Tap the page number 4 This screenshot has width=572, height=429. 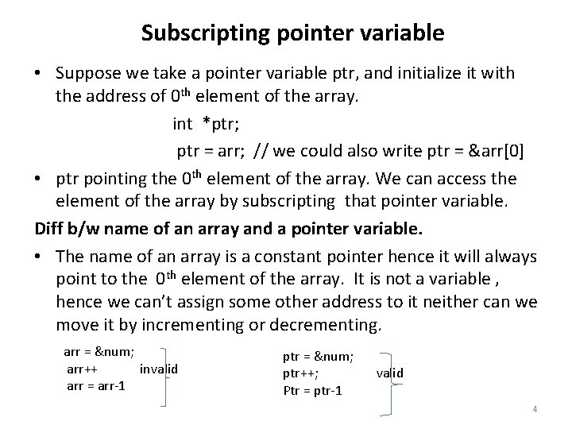point(535,409)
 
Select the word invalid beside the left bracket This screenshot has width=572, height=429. point(158,369)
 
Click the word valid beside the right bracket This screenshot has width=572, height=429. point(389,373)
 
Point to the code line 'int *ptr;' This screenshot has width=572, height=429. point(204,123)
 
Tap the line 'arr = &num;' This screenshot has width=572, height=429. point(99,352)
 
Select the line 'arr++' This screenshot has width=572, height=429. point(83,369)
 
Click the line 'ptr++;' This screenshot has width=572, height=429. point(301,373)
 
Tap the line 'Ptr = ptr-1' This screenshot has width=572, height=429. point(313,390)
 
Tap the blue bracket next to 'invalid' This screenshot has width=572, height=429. point(167,376)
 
